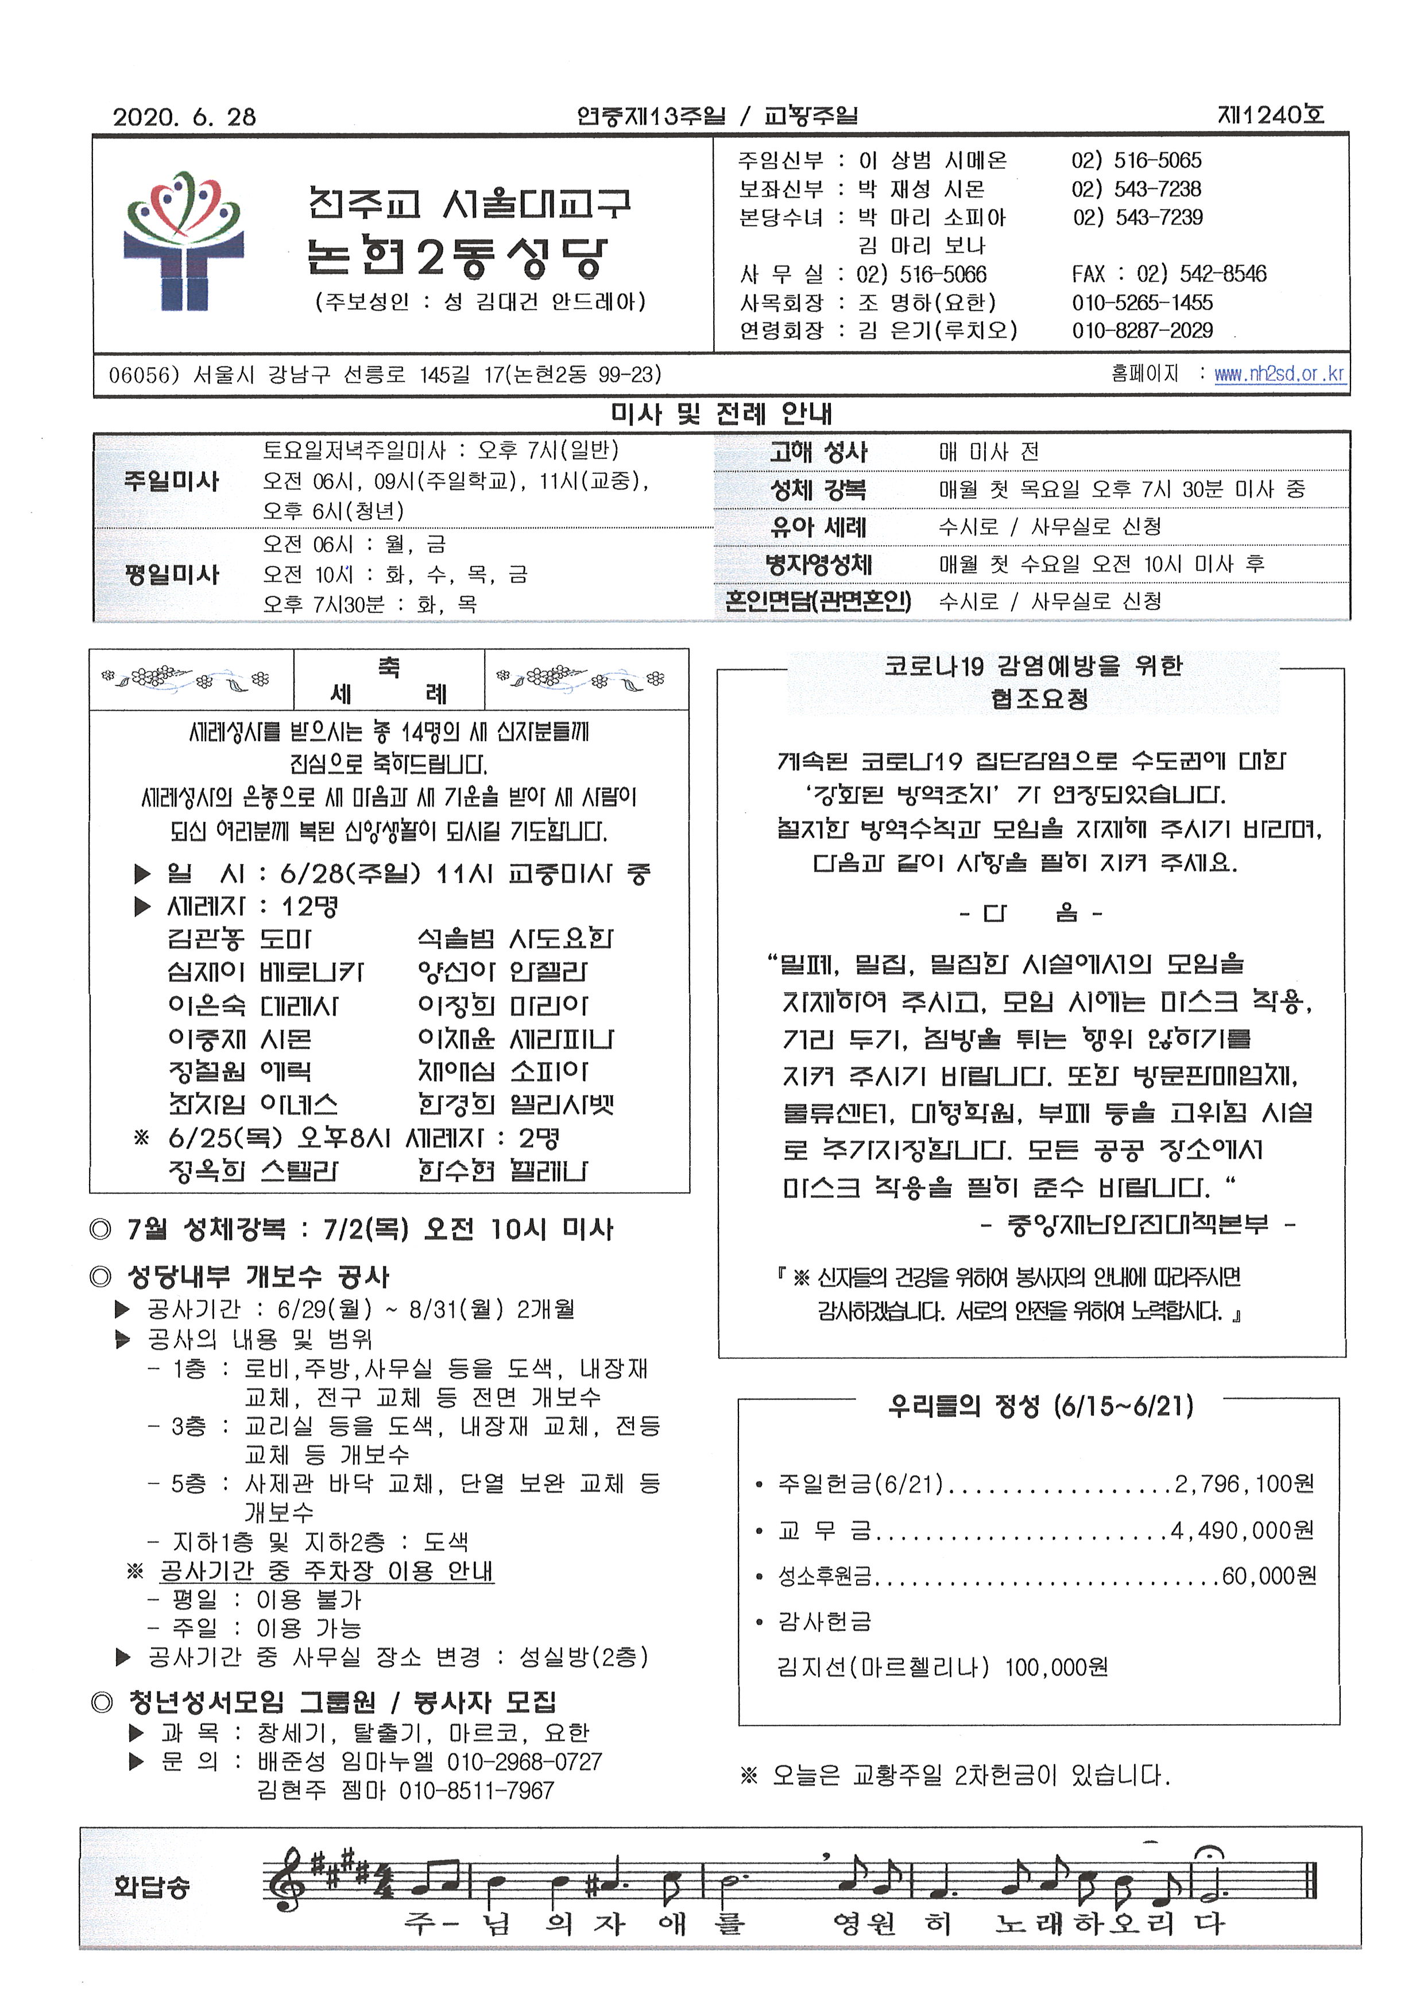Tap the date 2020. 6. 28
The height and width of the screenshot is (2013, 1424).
point(184,117)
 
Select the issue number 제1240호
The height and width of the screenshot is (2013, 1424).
point(1271,115)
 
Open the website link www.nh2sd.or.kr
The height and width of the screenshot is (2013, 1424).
point(1279,375)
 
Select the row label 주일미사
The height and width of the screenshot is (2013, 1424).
point(171,481)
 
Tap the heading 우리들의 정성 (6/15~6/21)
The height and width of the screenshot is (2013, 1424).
point(1040,1407)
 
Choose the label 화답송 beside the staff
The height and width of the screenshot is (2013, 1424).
point(151,1886)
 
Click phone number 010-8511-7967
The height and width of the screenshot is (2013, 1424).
point(476,1790)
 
